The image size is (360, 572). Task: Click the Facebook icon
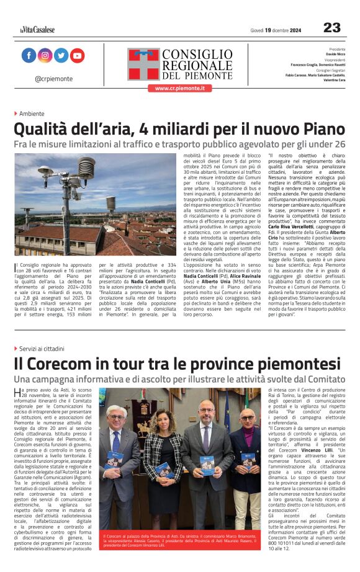[x=29, y=56]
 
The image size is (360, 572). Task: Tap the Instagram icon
[x=45, y=56]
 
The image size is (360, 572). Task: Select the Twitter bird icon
[x=61, y=56]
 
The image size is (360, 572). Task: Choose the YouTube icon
[x=77, y=56]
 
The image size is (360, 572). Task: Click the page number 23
[x=332, y=28]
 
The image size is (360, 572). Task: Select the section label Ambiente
[x=32, y=114]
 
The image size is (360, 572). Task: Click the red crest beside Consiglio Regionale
[x=144, y=65]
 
